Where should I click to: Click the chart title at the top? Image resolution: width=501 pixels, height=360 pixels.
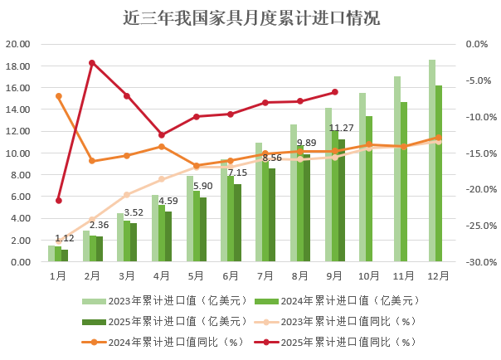250,17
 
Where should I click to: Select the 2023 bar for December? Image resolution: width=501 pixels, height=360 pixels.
432,161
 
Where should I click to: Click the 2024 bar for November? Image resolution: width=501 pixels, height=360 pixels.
404,182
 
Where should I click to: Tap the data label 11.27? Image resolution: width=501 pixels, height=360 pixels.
342,128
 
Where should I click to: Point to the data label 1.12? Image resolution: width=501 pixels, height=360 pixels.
65,238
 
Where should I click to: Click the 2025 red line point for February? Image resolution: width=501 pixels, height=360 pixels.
92,63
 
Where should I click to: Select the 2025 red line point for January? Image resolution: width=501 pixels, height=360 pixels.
58,200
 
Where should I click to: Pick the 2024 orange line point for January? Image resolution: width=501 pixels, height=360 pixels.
58,96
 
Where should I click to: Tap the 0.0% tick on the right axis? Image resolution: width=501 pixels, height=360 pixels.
478,44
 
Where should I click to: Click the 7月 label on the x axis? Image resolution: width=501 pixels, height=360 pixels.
265,275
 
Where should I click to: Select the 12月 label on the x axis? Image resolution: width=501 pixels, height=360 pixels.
438,275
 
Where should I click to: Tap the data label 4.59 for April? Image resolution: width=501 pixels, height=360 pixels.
168,201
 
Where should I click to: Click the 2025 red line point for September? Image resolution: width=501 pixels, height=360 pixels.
335,92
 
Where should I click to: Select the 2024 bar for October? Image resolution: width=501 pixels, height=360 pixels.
369,189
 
